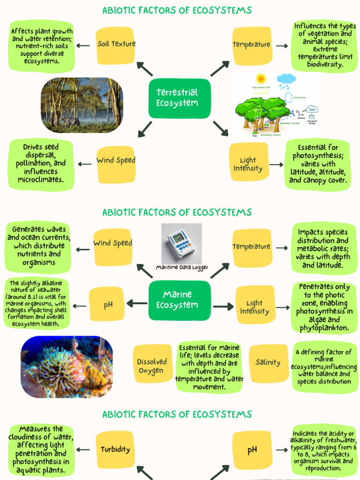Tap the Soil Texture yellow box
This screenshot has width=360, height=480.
tap(116, 44)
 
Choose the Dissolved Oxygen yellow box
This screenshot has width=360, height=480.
tap(152, 366)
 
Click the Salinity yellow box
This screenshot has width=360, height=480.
tap(268, 362)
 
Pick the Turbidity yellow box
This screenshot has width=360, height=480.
tap(115, 450)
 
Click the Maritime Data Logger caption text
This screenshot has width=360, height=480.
tap(182, 268)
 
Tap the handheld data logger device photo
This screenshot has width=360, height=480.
tap(181, 243)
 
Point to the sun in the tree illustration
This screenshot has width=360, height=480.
tap(261, 79)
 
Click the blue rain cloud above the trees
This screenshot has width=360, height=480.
tap(286, 80)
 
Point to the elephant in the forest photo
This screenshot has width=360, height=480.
tap(69, 121)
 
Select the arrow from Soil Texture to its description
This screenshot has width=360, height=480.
tap(83, 45)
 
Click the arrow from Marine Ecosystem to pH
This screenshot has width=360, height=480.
tap(136, 304)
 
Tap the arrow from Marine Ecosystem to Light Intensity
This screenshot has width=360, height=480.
tap(224, 307)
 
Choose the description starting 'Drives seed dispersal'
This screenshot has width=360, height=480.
tap(41, 164)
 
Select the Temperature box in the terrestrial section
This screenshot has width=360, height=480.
tap(252, 45)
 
